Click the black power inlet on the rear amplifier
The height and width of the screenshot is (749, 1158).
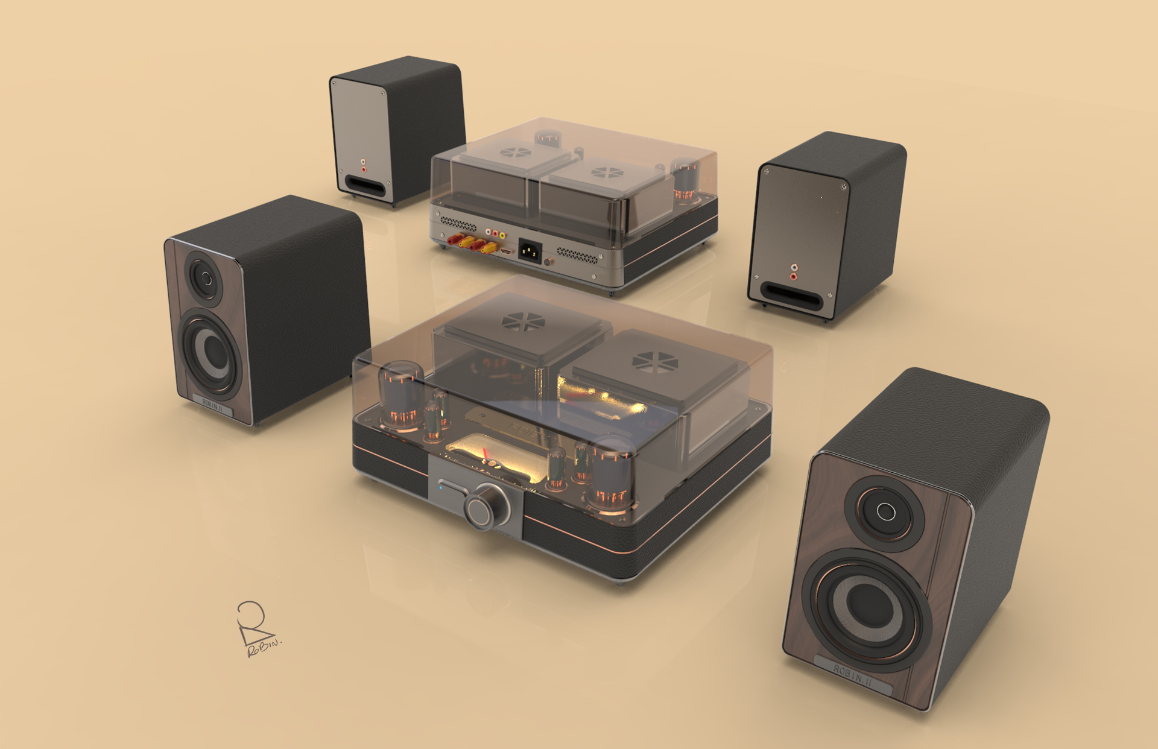[528, 250]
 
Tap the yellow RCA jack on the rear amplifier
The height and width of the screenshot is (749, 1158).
[502, 235]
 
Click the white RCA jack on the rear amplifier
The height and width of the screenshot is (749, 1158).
[489, 232]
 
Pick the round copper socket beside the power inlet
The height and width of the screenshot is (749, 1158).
[548, 262]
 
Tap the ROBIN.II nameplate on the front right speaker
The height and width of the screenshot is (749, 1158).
[853, 672]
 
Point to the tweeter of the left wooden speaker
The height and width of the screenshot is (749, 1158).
[205, 278]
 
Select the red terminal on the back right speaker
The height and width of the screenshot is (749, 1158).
[793, 277]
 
